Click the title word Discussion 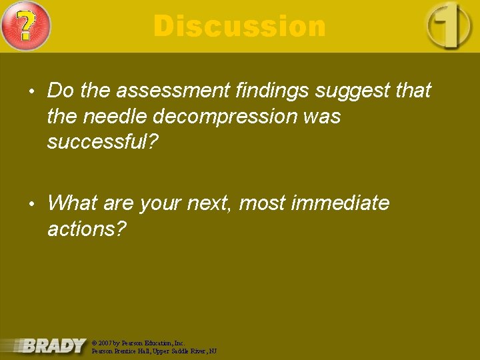[x=239, y=27]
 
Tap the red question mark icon [x=25, y=26]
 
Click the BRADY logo [x=53, y=345]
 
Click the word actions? [x=86, y=229]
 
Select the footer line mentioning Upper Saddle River [x=154, y=351]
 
